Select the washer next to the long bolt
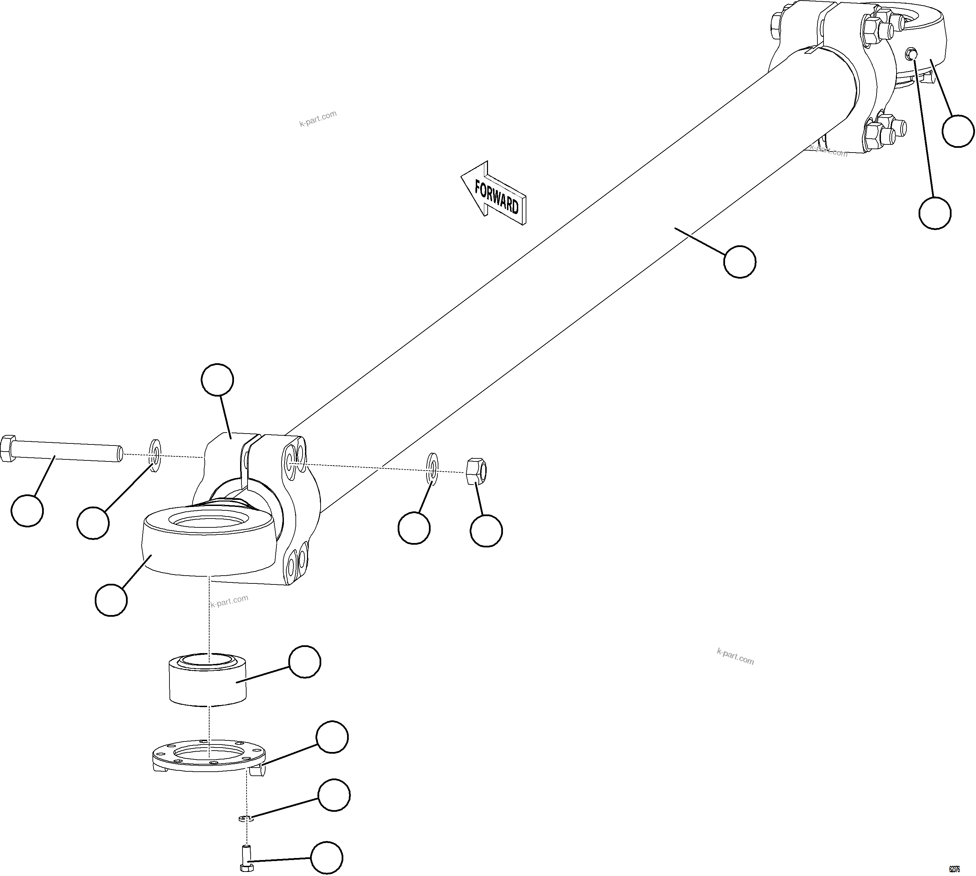point(156,455)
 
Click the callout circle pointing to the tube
point(739,261)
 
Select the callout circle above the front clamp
point(217,380)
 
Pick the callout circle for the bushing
point(305,662)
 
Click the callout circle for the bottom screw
point(327,857)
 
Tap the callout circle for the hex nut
point(486,530)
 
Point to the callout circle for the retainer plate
point(332,737)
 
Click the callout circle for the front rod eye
point(111,600)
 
